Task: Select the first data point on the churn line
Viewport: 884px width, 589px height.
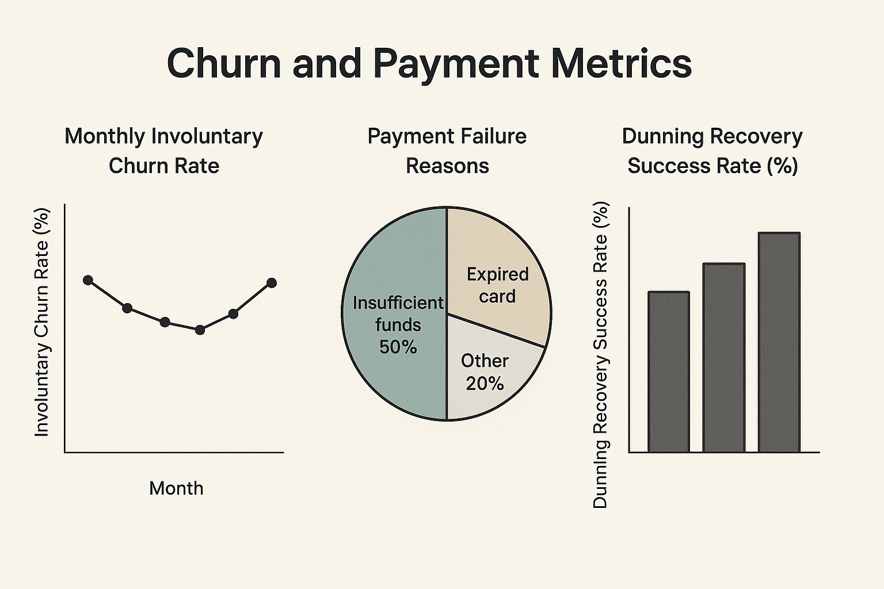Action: click(x=88, y=280)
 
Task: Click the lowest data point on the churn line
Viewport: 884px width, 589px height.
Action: click(x=200, y=330)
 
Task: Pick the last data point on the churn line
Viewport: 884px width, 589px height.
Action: click(x=272, y=283)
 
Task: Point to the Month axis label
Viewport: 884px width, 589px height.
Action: click(x=176, y=488)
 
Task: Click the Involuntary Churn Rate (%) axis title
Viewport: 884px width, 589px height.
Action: click(x=42, y=322)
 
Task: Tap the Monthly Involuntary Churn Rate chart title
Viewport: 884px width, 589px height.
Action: click(x=164, y=151)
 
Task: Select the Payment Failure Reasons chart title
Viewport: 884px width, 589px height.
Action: click(x=447, y=151)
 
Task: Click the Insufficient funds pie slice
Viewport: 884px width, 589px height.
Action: click(x=397, y=259)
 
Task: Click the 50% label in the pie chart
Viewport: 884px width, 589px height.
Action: click(x=398, y=347)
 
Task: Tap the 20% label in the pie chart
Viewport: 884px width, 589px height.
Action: click(x=485, y=384)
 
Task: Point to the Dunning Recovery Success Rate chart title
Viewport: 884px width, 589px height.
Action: click(x=712, y=151)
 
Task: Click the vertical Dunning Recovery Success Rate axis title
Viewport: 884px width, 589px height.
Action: click(x=600, y=355)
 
